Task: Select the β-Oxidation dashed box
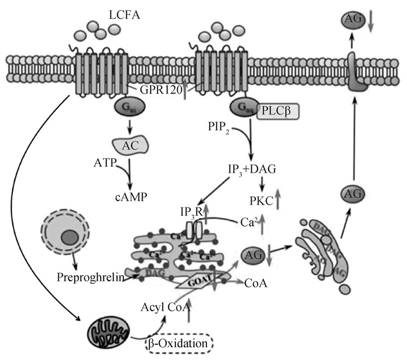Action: (177, 344)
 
